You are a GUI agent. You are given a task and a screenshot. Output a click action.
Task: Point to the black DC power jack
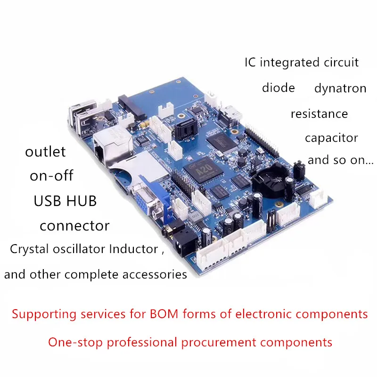tap(179, 245)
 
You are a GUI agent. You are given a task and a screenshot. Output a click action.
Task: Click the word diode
tap(279, 88)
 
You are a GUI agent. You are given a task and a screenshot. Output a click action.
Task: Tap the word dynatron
tap(340, 89)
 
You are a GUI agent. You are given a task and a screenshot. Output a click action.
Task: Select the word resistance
tap(319, 114)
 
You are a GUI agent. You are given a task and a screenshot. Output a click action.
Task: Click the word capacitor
tap(331, 139)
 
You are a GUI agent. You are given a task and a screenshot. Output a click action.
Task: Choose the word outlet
tap(45, 152)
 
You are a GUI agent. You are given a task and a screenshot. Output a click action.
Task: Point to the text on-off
tap(52, 176)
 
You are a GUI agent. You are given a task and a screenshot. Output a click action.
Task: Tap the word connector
tap(74, 226)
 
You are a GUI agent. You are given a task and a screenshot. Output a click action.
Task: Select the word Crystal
tap(30, 250)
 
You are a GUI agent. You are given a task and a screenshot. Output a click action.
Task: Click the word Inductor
tap(133, 249)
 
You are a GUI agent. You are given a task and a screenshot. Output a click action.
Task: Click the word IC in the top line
tap(250, 62)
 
